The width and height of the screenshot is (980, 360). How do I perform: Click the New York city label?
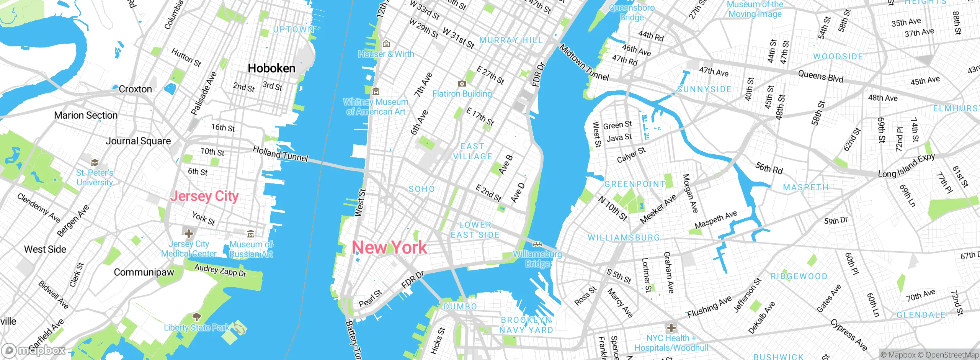click(389, 247)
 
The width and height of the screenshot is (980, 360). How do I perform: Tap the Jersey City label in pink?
click(204, 196)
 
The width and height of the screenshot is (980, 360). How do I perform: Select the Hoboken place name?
click(271, 69)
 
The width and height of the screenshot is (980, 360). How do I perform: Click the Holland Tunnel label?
click(281, 154)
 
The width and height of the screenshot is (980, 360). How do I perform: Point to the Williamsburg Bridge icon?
click(537, 244)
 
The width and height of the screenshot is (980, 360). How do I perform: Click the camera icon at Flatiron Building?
click(462, 83)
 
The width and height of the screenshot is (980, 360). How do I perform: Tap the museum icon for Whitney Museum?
click(376, 91)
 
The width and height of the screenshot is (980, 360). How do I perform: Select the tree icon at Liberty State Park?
click(196, 317)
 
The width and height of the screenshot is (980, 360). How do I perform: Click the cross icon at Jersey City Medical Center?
click(188, 233)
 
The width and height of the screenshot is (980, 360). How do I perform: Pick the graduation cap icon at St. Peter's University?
click(95, 162)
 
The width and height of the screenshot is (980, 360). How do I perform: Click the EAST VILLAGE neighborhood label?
click(472, 152)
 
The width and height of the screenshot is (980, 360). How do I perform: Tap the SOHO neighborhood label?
click(421, 189)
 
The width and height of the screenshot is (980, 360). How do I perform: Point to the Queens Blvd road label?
click(820, 76)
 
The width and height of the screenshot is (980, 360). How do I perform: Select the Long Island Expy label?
click(906, 165)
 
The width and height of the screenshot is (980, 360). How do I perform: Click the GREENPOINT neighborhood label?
click(634, 184)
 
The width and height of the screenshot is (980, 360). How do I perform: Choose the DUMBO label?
click(460, 307)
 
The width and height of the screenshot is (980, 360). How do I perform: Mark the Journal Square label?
click(138, 141)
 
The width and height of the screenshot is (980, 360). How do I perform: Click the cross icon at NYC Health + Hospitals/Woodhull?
click(671, 328)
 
